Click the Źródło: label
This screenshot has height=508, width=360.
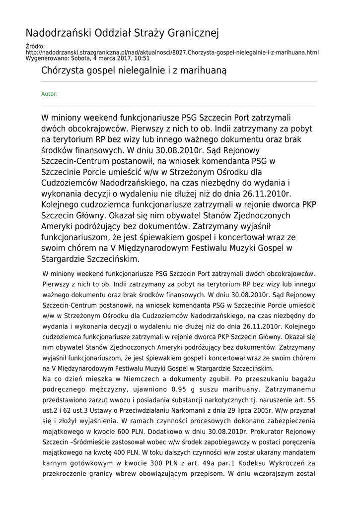coord(35,47)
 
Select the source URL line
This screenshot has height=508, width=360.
coord(172,52)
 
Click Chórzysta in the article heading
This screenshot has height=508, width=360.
coord(61,71)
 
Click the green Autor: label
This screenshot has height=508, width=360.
coord(49,94)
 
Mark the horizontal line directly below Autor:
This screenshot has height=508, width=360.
coord(179,106)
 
